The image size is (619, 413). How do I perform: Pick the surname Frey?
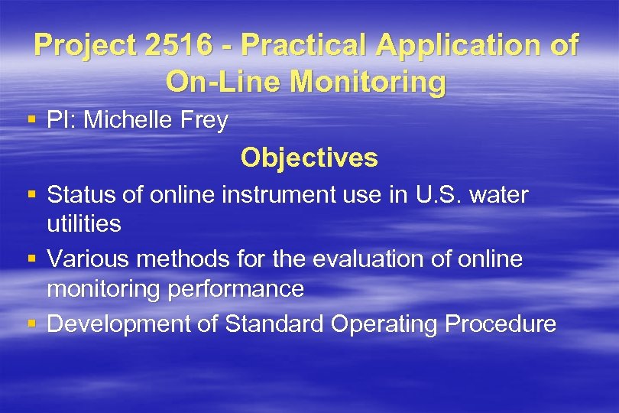[x=202, y=120]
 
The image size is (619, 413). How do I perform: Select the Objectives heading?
[x=309, y=158]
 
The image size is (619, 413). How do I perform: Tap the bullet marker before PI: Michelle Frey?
[x=31, y=120]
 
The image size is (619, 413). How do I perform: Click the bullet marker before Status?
[x=31, y=195]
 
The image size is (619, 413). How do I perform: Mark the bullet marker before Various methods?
[x=31, y=260]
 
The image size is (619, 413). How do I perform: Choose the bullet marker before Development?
[x=31, y=324]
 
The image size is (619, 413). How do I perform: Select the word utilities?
[x=83, y=224]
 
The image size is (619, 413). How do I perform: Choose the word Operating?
[x=384, y=324]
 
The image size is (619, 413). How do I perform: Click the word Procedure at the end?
[x=501, y=324]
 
